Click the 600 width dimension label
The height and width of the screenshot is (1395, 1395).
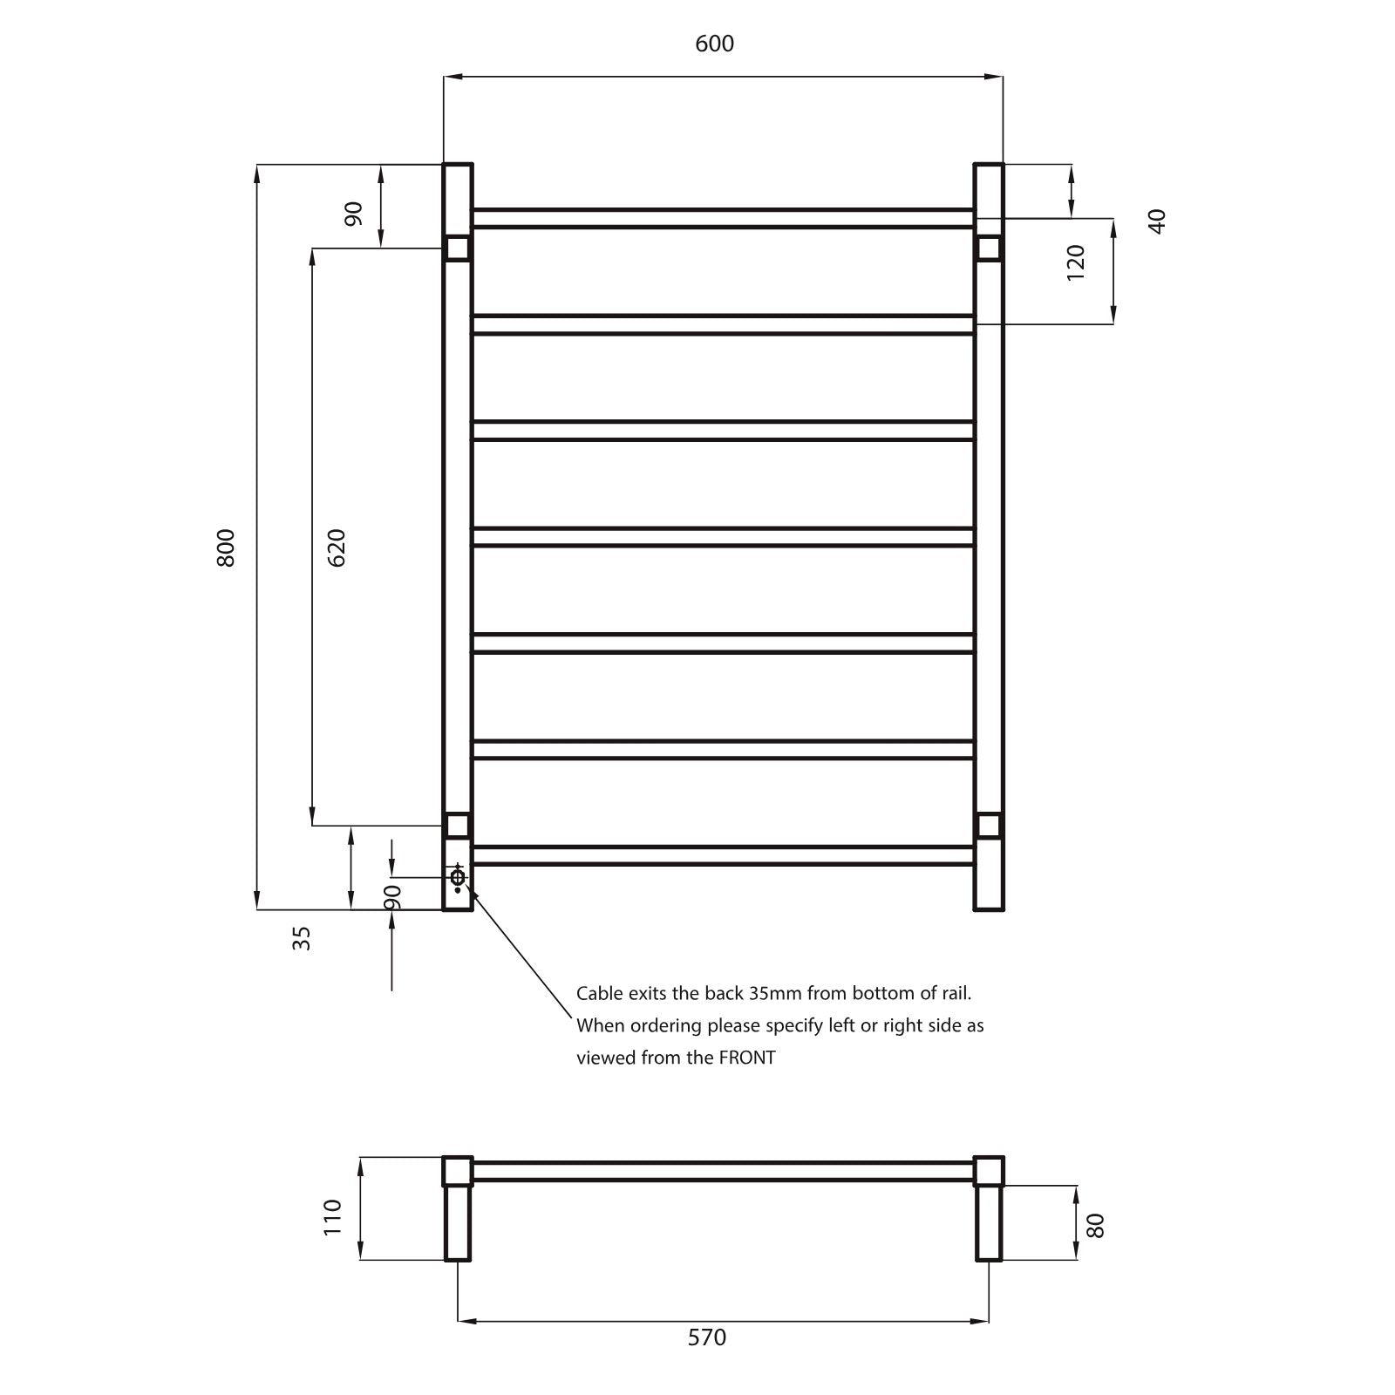[714, 44]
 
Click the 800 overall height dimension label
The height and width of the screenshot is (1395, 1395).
[226, 548]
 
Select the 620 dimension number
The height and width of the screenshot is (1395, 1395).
[337, 548]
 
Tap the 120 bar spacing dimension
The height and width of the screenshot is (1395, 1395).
[1076, 262]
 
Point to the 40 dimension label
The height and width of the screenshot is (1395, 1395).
[1156, 221]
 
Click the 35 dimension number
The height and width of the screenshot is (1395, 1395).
[301, 938]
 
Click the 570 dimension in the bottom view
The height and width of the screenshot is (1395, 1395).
[706, 1337]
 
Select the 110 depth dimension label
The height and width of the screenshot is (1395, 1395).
[332, 1217]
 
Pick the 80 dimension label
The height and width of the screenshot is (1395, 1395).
[1096, 1225]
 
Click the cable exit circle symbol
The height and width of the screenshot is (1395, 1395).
[458, 876]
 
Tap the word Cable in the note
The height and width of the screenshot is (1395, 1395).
[599, 993]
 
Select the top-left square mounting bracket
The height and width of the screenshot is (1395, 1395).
[458, 248]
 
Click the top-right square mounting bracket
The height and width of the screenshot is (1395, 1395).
[989, 248]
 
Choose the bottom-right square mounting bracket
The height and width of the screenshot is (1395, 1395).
[989, 825]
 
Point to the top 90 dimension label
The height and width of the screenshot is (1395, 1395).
[353, 214]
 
